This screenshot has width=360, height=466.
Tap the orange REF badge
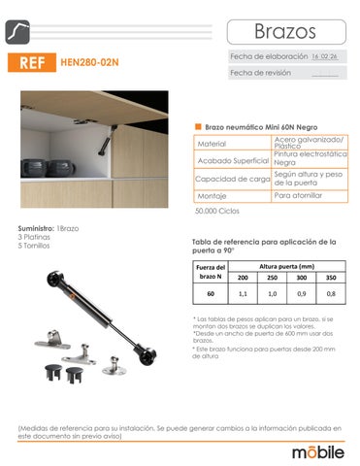[x=31, y=64]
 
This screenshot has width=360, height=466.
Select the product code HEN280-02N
[x=89, y=64]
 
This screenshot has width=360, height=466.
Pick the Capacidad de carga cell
[x=233, y=179]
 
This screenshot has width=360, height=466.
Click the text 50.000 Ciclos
[x=217, y=211]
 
